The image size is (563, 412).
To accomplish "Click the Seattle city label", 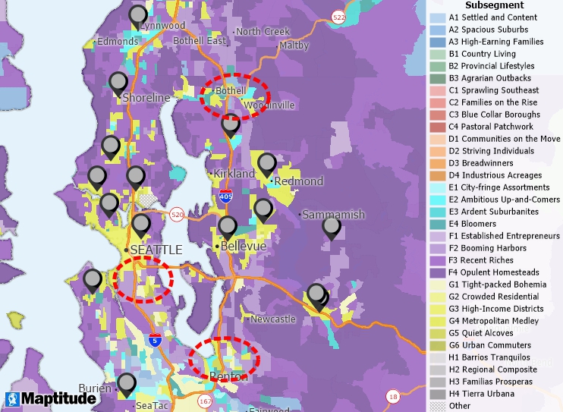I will [x=156, y=250].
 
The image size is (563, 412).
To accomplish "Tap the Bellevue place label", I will [x=244, y=247].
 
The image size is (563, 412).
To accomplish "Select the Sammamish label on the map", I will [x=333, y=215].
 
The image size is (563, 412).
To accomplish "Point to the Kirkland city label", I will [x=234, y=174].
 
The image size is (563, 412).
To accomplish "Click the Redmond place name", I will [x=298, y=181].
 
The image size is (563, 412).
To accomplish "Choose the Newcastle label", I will [x=273, y=319].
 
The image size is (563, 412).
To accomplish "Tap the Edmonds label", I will [x=117, y=42].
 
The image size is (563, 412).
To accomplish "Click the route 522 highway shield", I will [x=338, y=17].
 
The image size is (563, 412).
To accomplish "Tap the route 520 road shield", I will [x=177, y=215].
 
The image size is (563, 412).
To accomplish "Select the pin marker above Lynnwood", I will [x=138, y=16].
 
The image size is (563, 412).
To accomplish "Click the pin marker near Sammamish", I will [x=332, y=227].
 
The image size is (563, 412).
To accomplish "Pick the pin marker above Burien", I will [x=127, y=384].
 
